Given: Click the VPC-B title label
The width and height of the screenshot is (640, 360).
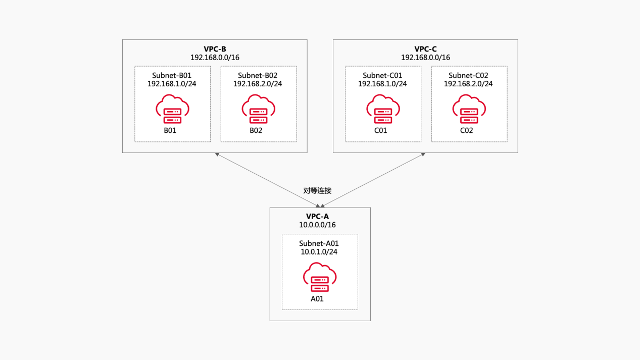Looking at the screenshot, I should tap(215, 49).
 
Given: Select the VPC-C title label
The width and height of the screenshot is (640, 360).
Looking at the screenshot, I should tap(425, 49).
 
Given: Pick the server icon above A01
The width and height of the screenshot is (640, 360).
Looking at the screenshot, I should tap(319, 278).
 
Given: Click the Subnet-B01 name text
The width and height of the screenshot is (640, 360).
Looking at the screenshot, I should tap(172, 75).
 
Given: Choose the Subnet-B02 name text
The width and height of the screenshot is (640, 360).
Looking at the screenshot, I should tap(258, 75).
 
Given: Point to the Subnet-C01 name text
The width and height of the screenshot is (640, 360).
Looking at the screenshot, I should tap(382, 75).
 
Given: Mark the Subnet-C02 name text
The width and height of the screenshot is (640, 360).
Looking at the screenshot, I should tap(468, 75).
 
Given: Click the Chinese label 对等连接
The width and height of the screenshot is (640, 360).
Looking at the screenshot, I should tap(317, 191).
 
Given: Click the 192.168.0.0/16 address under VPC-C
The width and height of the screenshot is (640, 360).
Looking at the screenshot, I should tap(425, 58).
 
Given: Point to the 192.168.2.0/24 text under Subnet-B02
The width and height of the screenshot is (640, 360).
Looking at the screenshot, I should tap(258, 84).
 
